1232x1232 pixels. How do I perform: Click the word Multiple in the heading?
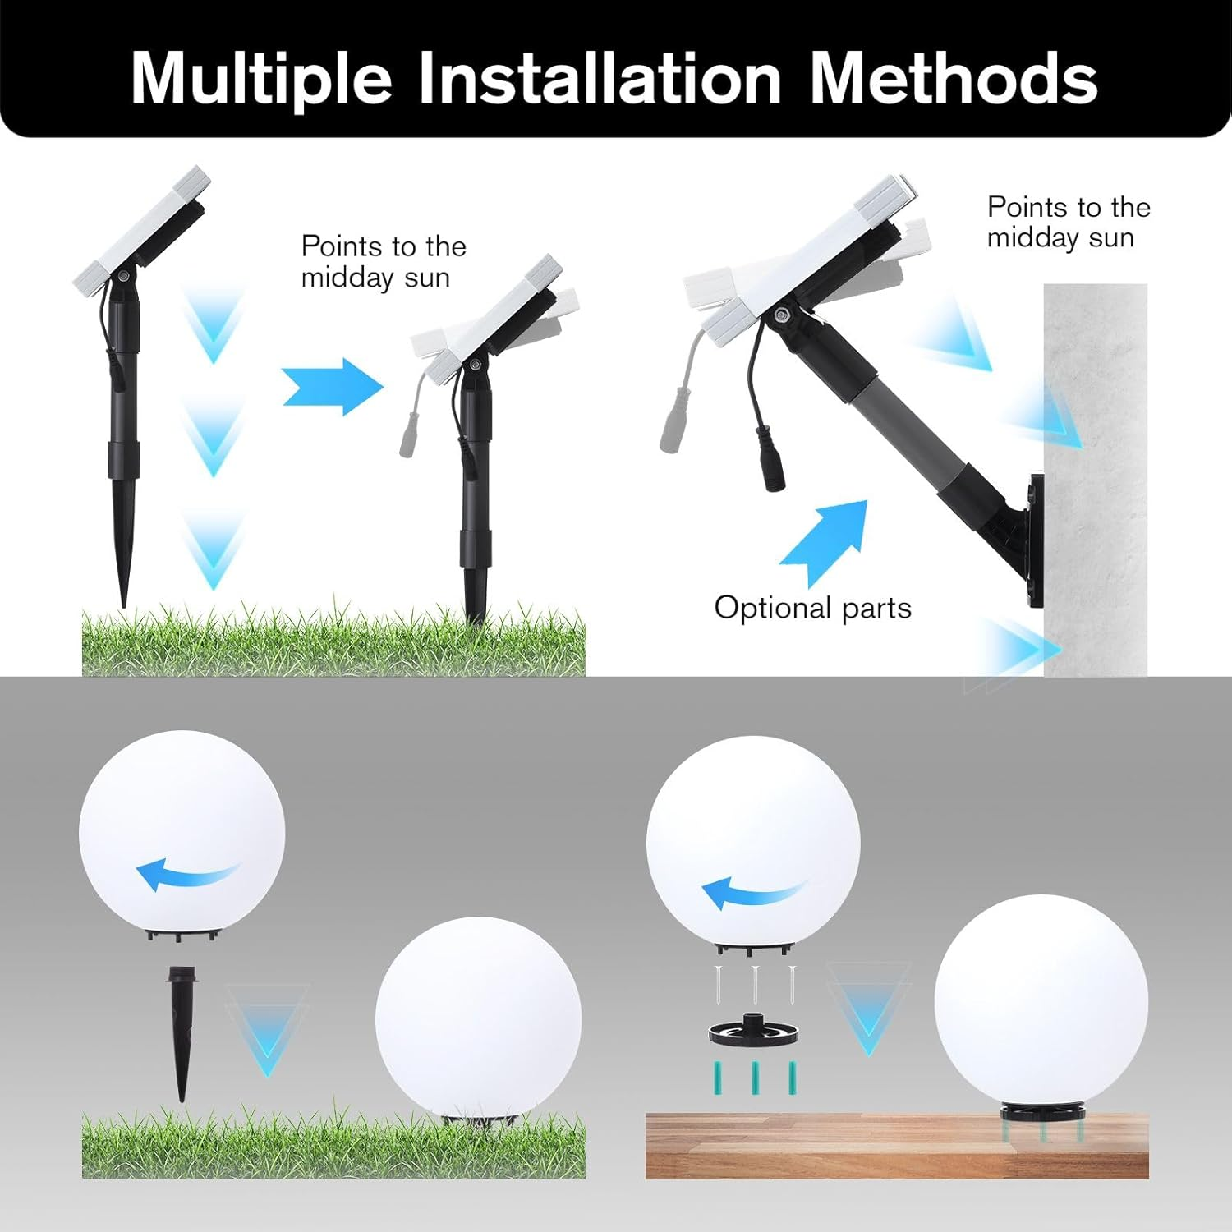pos(261,79)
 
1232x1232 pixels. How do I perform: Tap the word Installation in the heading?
pos(600,79)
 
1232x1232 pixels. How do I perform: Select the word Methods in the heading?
pos(954,79)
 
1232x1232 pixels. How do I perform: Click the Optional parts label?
pos(812,608)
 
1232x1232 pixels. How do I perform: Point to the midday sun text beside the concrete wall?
pos(1068,222)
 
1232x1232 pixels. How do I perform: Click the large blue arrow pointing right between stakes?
pos(332,386)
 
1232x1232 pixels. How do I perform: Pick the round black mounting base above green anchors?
pos(754,1031)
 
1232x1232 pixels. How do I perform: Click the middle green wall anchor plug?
pos(754,1078)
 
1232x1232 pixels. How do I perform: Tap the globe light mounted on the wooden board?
pos(1041,1002)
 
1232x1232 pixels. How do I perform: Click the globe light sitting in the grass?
pos(478,1018)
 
